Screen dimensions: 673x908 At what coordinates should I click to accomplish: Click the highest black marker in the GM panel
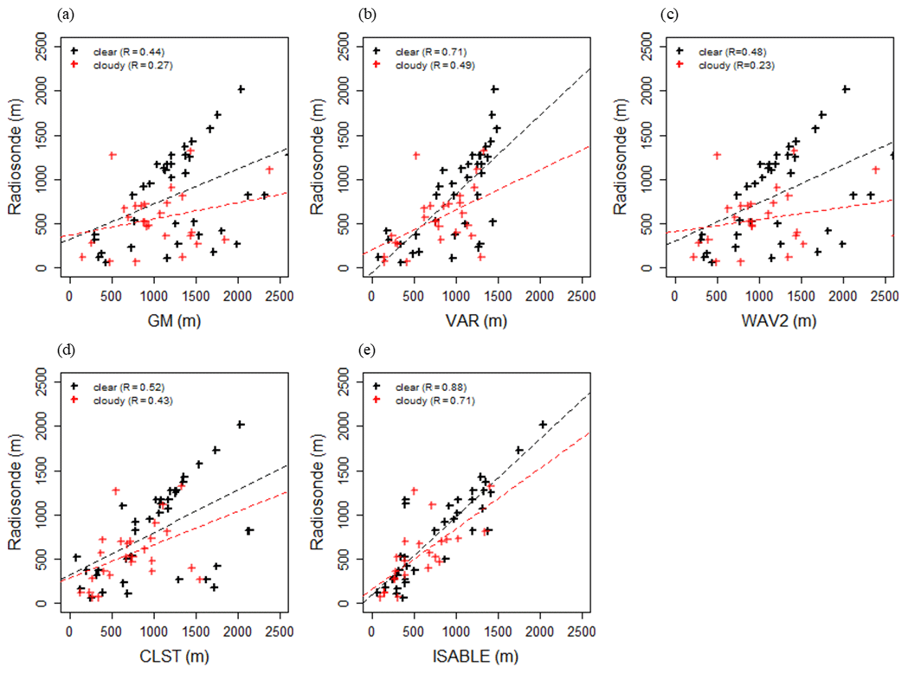click(x=241, y=89)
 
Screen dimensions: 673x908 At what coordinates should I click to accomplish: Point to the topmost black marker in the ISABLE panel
click(x=543, y=425)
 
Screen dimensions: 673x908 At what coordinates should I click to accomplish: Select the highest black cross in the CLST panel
click(x=241, y=425)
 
